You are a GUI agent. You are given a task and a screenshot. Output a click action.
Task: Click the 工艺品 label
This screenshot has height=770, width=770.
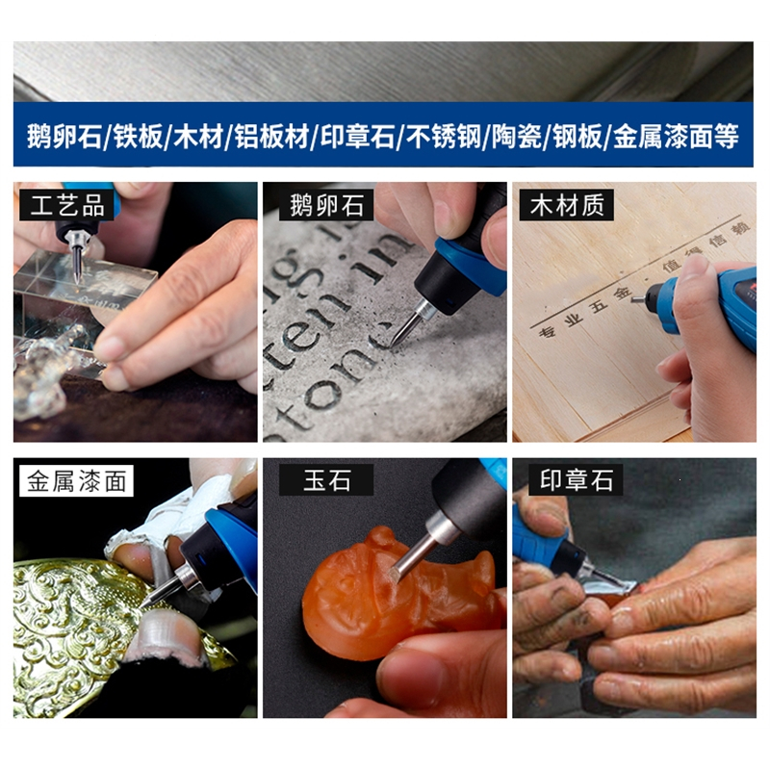[66, 204]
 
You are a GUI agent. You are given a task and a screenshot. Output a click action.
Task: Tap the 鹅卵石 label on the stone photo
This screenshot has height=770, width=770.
[326, 204]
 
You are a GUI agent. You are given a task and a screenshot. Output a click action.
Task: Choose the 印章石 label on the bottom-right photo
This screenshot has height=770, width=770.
[576, 480]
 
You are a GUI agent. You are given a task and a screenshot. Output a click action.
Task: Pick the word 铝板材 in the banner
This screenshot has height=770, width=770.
[271, 136]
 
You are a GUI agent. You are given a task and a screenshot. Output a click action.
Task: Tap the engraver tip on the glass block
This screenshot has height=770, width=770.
[77, 273]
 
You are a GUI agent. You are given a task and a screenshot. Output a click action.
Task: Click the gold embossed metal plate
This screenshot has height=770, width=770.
[77, 626]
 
